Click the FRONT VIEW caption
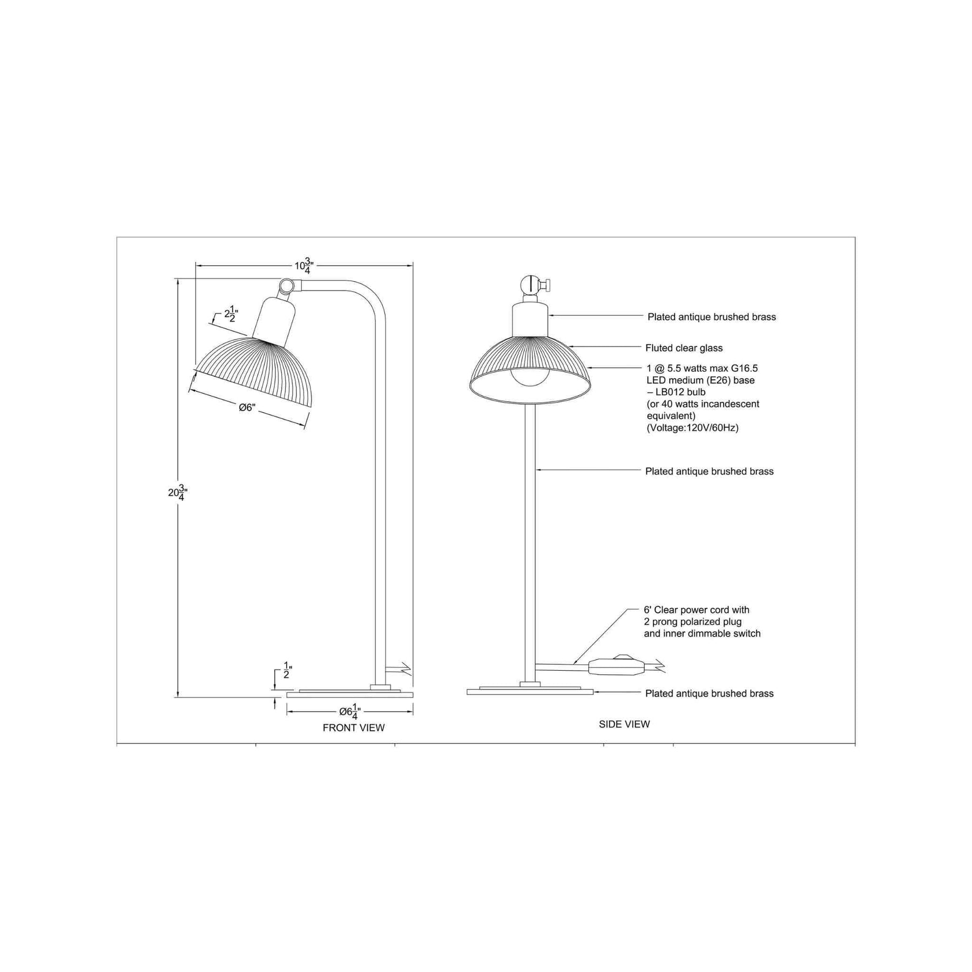tap(354, 728)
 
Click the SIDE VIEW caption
tap(624, 724)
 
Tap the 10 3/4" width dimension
tap(304, 266)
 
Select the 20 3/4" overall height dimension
tap(178, 492)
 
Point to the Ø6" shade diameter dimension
tap(247, 408)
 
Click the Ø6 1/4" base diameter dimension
tap(350, 711)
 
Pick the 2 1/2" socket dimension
tap(231, 314)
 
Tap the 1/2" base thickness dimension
tap(287, 670)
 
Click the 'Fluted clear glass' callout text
tap(684, 348)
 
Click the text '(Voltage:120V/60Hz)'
tap(693, 428)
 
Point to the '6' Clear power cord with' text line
tap(697, 610)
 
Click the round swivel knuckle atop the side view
tap(530, 285)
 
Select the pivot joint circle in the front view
tap(287, 285)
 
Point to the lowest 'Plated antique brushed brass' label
tap(709, 693)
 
